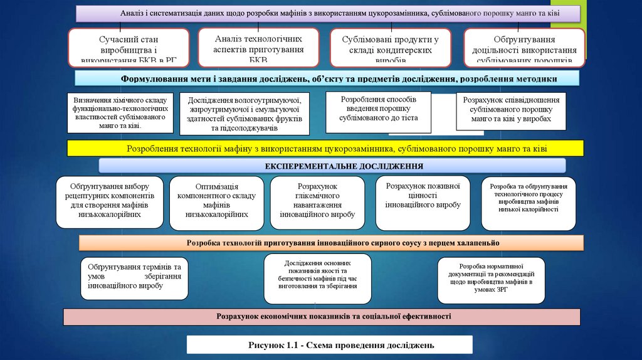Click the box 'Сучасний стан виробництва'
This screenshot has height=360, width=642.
pyautogui.click(x=129, y=47)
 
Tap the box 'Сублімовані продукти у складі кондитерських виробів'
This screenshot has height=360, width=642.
pyautogui.click(x=390, y=47)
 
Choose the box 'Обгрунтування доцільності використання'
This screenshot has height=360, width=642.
pyautogui.click(x=524, y=47)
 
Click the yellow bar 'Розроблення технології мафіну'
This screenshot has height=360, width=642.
pyautogui.click(x=325, y=149)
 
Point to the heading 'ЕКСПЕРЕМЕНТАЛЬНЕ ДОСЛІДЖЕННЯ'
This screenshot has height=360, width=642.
pyautogui.click(x=332, y=166)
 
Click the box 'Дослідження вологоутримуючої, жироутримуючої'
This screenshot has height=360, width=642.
pyautogui.click(x=245, y=114)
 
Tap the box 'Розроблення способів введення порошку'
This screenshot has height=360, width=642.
pyautogui.click(x=378, y=112)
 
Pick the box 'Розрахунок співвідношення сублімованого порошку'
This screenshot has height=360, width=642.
pyautogui.click(x=511, y=111)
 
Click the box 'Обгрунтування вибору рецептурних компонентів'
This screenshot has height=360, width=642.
pyautogui.click(x=109, y=201)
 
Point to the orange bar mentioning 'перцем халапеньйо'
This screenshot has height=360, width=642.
pyautogui.click(x=331, y=243)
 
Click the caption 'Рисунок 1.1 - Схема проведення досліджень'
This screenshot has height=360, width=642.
pyautogui.click(x=329, y=345)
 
